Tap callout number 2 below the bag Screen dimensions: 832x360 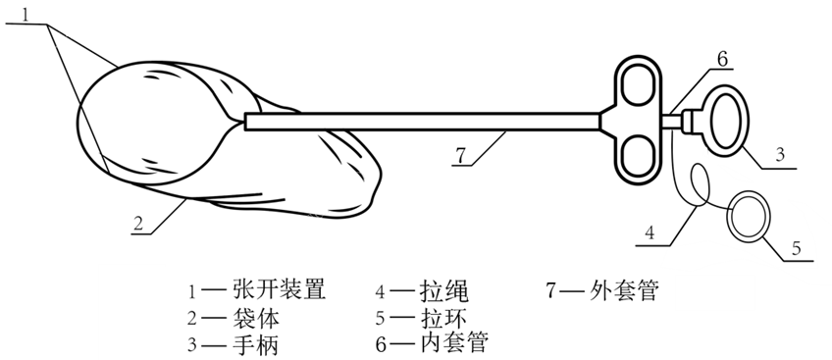(x=141, y=225)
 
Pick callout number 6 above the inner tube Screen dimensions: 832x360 (x=720, y=58)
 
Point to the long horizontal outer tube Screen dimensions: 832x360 (x=422, y=121)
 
